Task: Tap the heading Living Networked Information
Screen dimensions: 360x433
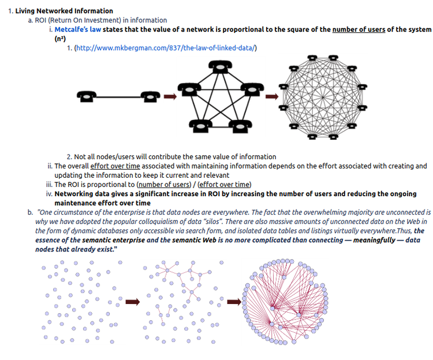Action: (64, 11)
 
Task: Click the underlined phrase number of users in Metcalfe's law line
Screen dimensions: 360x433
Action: (359, 29)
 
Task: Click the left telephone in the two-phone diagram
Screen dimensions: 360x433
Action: (87, 96)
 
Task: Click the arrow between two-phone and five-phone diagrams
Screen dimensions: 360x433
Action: (170, 96)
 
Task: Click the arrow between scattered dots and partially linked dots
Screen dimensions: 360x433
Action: (133, 301)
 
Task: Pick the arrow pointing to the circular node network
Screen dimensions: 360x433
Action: (233, 301)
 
